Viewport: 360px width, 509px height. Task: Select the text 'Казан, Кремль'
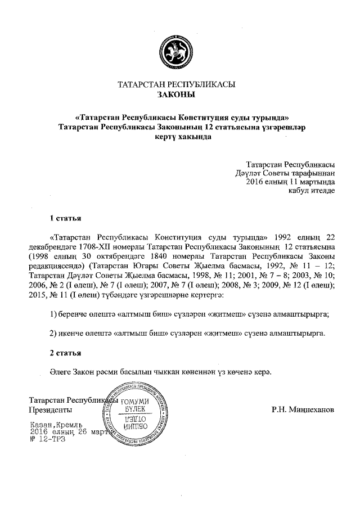pos(56,424)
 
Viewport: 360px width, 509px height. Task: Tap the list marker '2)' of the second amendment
pos(54,334)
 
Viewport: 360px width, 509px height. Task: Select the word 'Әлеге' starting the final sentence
pos(60,372)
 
